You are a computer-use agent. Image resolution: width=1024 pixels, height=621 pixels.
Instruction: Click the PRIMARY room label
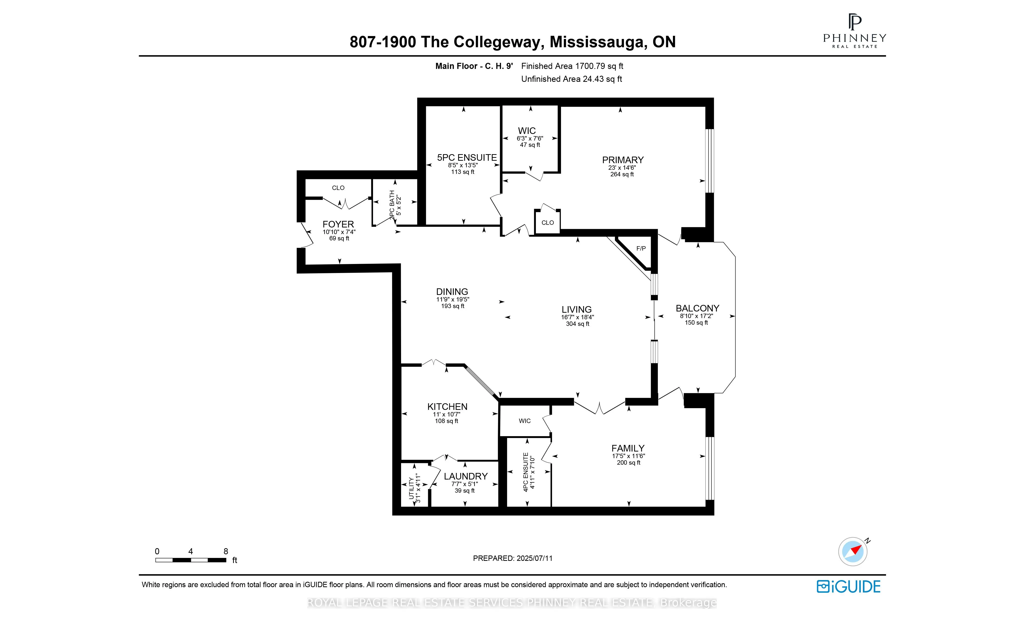click(x=622, y=160)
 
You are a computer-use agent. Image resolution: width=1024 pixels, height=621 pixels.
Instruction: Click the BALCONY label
click(x=697, y=308)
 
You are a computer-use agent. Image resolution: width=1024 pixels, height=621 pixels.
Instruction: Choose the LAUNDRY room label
click(x=465, y=476)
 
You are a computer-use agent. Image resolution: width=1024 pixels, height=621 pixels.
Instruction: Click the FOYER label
click(x=338, y=224)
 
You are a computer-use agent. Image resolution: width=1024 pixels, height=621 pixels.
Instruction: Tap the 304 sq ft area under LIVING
click(x=577, y=324)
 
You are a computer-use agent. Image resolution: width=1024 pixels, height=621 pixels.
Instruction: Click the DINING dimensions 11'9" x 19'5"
click(x=453, y=299)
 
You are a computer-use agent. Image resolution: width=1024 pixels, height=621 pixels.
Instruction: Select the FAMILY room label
click(x=628, y=448)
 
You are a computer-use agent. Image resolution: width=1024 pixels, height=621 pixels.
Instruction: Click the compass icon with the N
click(x=853, y=552)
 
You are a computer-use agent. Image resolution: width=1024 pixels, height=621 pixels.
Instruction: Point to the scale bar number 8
click(x=226, y=551)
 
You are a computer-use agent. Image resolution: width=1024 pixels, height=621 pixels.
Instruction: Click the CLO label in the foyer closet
click(x=338, y=188)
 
